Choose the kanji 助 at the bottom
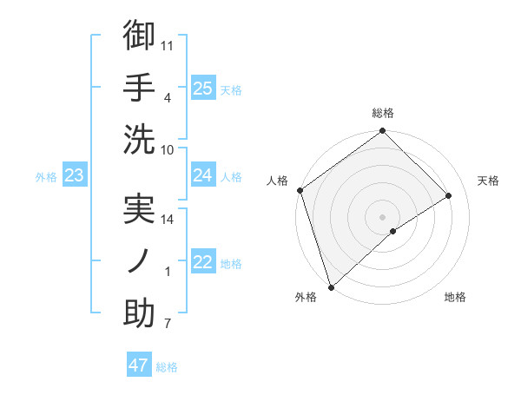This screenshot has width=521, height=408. pos(139,314)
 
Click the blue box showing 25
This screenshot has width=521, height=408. pos(202,88)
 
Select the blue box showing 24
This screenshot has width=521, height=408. pos(202,175)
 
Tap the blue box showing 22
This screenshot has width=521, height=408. pos(202,262)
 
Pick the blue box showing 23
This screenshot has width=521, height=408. pos(74,175)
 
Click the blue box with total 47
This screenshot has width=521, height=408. pos(138,365)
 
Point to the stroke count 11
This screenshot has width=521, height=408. pos(168,43)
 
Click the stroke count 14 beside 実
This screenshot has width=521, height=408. pos(168,219)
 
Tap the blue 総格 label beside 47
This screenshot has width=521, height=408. pos(167,367)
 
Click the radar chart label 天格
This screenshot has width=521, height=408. pos(488,181)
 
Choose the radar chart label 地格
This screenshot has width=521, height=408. pos(455,297)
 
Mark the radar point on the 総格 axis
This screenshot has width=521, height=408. pos(382,132)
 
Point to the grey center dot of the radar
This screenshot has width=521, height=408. pos(382,215)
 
